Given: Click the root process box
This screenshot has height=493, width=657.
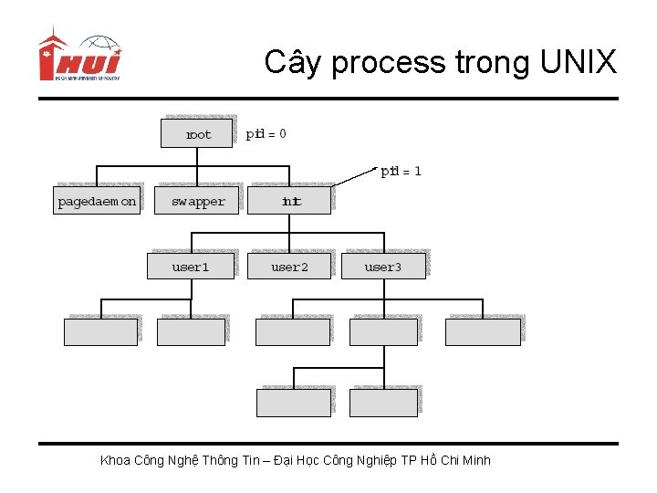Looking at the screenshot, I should point(197,133).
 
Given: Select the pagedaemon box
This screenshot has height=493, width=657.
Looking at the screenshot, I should point(97,201).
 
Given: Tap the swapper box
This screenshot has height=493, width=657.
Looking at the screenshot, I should point(198,201).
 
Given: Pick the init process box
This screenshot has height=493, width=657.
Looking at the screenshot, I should point(291,201).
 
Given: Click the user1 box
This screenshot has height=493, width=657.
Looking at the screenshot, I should point(191,267).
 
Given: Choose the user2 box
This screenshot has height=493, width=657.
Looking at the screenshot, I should point(289,267).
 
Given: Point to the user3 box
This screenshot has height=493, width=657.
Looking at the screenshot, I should point(382,267).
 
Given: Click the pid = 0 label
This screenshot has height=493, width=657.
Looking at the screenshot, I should point(266,133).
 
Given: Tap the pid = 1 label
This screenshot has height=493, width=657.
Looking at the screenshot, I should point(401,171).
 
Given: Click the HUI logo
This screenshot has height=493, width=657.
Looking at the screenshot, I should point(79,58).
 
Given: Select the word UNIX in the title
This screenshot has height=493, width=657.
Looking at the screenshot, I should point(579,63).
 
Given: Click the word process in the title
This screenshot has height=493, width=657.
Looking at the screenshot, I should point(388,63).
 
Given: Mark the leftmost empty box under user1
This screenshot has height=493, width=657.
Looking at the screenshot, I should point(100,331).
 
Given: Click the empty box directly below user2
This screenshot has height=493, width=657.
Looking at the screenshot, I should point(292,331).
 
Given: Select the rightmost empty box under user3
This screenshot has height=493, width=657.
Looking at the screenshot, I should point(483,331).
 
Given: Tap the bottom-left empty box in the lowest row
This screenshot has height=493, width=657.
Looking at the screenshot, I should point(292,402).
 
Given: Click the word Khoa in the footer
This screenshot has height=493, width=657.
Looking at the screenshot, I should point(115,460).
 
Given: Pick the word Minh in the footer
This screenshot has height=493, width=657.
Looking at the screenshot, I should point(476,460).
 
